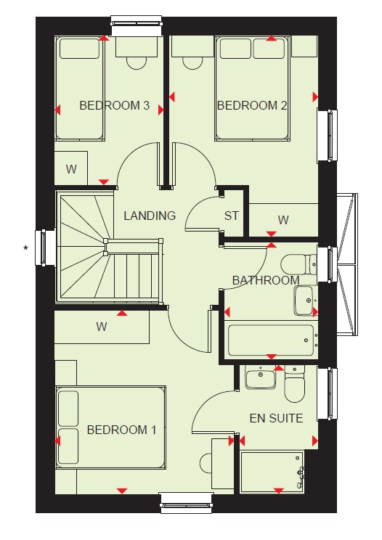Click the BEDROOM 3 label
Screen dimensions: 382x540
click(x=114, y=105)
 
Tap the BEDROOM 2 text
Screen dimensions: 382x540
click(x=252, y=105)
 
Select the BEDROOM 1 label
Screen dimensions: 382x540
click(x=121, y=430)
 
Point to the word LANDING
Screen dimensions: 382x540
click(x=150, y=216)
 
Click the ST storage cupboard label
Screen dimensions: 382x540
click(x=231, y=216)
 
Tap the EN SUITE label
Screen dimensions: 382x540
click(x=276, y=418)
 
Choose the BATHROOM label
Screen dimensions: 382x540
click(x=266, y=280)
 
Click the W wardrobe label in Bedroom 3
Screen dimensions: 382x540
click(x=71, y=169)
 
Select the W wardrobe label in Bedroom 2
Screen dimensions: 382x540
click(x=283, y=220)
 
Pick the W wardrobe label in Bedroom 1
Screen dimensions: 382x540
click(x=102, y=326)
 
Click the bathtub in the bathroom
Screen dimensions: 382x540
click(x=271, y=340)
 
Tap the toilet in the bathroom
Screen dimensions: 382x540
click(x=298, y=264)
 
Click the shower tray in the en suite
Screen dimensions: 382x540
click(x=272, y=472)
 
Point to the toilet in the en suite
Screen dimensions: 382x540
click(x=295, y=384)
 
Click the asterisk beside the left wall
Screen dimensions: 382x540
click(x=25, y=247)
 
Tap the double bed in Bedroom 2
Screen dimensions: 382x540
click(x=253, y=89)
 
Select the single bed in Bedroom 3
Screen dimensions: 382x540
click(x=80, y=88)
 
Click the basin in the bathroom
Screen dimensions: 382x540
click(x=306, y=300)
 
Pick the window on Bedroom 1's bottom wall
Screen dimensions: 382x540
click(x=187, y=503)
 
